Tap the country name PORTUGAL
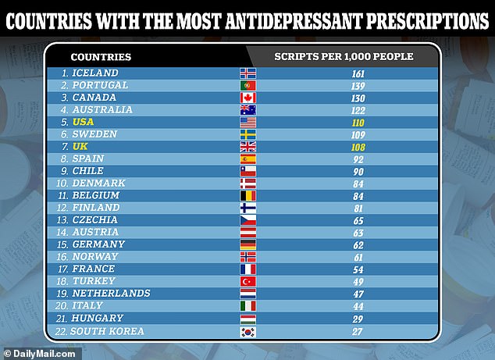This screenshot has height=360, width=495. [99, 86]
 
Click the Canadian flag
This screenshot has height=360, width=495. [247, 98]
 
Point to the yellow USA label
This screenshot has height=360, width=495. [83, 123]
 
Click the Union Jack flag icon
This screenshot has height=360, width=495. [247, 147]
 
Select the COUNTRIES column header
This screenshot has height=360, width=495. [101, 56]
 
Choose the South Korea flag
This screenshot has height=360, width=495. [247, 331]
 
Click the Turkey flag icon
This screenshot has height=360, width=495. [247, 281]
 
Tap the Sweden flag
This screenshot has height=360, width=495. [247, 134]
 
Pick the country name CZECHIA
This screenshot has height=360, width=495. [95, 219]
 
